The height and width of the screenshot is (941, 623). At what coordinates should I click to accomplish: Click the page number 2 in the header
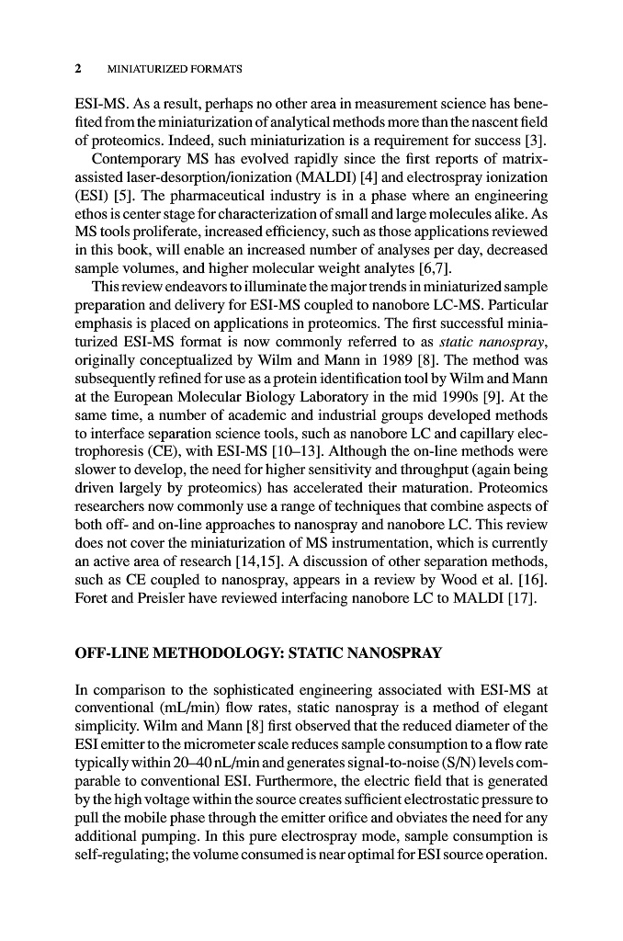coord(79,69)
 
